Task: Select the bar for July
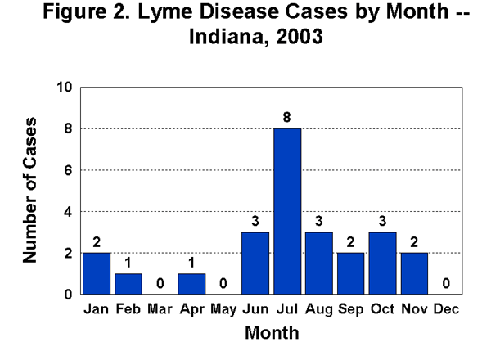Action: pos(287,211)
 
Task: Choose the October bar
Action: pos(382,263)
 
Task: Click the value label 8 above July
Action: pos(287,117)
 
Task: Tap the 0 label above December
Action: pos(445,283)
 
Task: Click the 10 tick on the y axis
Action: pos(65,88)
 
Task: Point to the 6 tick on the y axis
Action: pos(69,170)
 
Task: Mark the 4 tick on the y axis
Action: pos(69,212)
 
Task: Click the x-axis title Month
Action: pos(272,333)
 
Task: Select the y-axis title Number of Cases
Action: pos(31,190)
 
